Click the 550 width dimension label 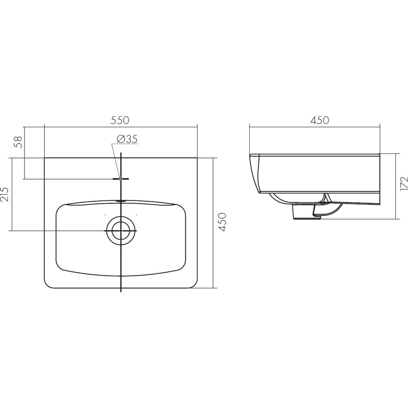pyautogui.click(x=120, y=120)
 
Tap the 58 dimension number pyautogui.click(x=18, y=142)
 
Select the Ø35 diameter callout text pyautogui.click(x=127, y=139)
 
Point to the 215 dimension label pyautogui.click(x=5, y=194)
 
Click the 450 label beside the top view pyautogui.click(x=222, y=222)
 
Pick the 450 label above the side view pyautogui.click(x=319, y=120)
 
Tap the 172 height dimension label pyautogui.click(x=404, y=184)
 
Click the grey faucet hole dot pyautogui.click(x=120, y=179)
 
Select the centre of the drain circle pyautogui.click(x=121, y=231)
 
